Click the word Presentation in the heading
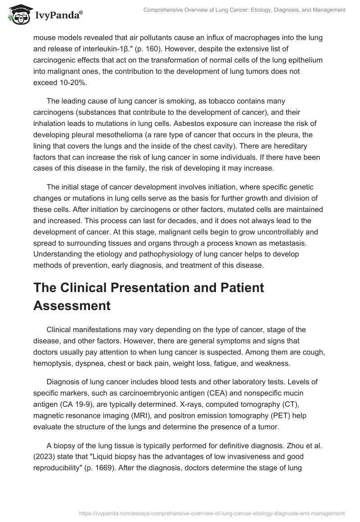tap(173, 288)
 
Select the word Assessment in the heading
tap(72, 306)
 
